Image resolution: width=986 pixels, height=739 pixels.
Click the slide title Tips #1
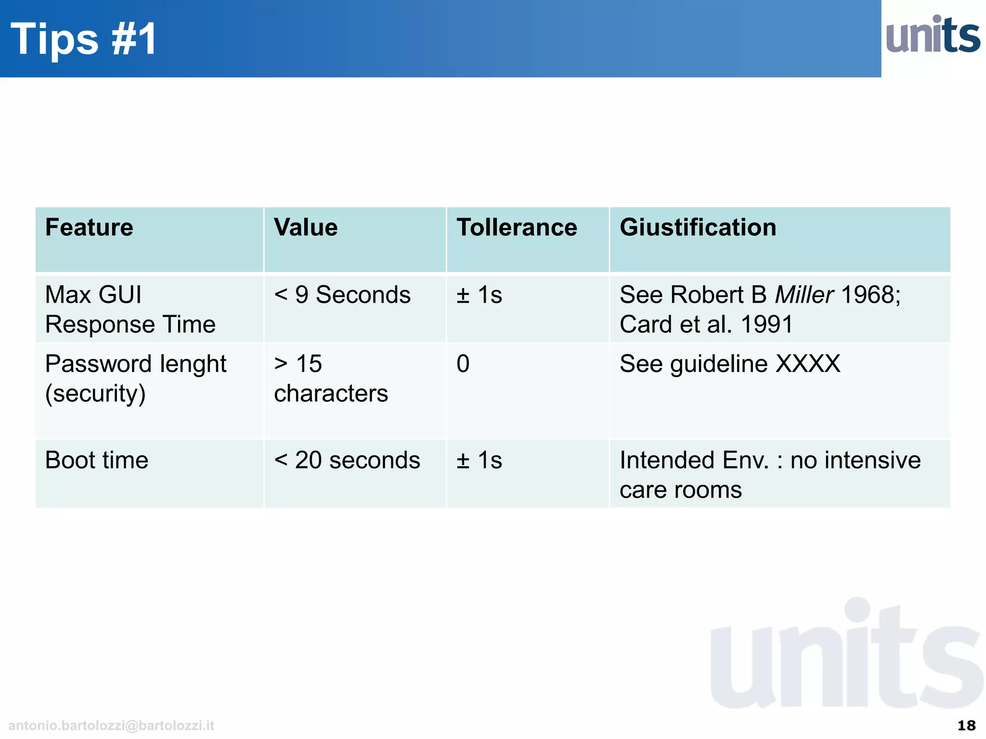pos(84,39)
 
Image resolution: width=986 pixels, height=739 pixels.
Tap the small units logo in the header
pos(933,35)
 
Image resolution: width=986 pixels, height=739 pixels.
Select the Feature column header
pos(89,227)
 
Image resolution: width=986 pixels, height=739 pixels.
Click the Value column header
pos(306,227)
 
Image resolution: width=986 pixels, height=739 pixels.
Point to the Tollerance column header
pos(517,227)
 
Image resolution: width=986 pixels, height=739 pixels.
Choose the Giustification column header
pos(698,227)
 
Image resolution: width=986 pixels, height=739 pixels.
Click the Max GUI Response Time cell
pos(130,309)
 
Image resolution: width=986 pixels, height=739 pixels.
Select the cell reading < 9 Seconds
pos(342,294)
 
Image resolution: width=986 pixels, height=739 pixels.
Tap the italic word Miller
pos(804,294)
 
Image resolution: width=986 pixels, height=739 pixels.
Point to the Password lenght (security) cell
pos(135,379)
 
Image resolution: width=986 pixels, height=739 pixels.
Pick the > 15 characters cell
pos(331,379)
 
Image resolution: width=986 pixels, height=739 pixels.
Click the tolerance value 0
pos(463,364)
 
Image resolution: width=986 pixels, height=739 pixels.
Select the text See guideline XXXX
pos(730,364)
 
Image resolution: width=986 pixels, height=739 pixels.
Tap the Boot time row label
pos(97,460)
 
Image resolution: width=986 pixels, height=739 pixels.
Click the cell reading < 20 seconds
pos(347,460)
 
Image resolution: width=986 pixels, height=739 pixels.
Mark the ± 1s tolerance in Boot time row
pos(479,460)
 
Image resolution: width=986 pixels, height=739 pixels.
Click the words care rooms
pos(680,490)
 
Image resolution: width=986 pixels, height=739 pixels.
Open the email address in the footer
pos(111,725)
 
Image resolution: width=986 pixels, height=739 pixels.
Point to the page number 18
pos(966,725)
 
